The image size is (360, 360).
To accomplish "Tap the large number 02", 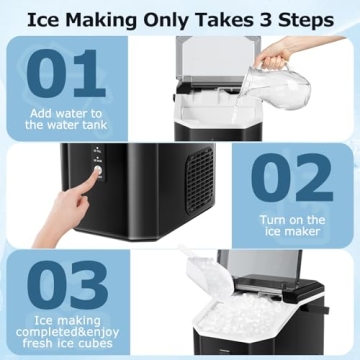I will point(290,180).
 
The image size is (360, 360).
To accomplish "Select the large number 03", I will point(70,284).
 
